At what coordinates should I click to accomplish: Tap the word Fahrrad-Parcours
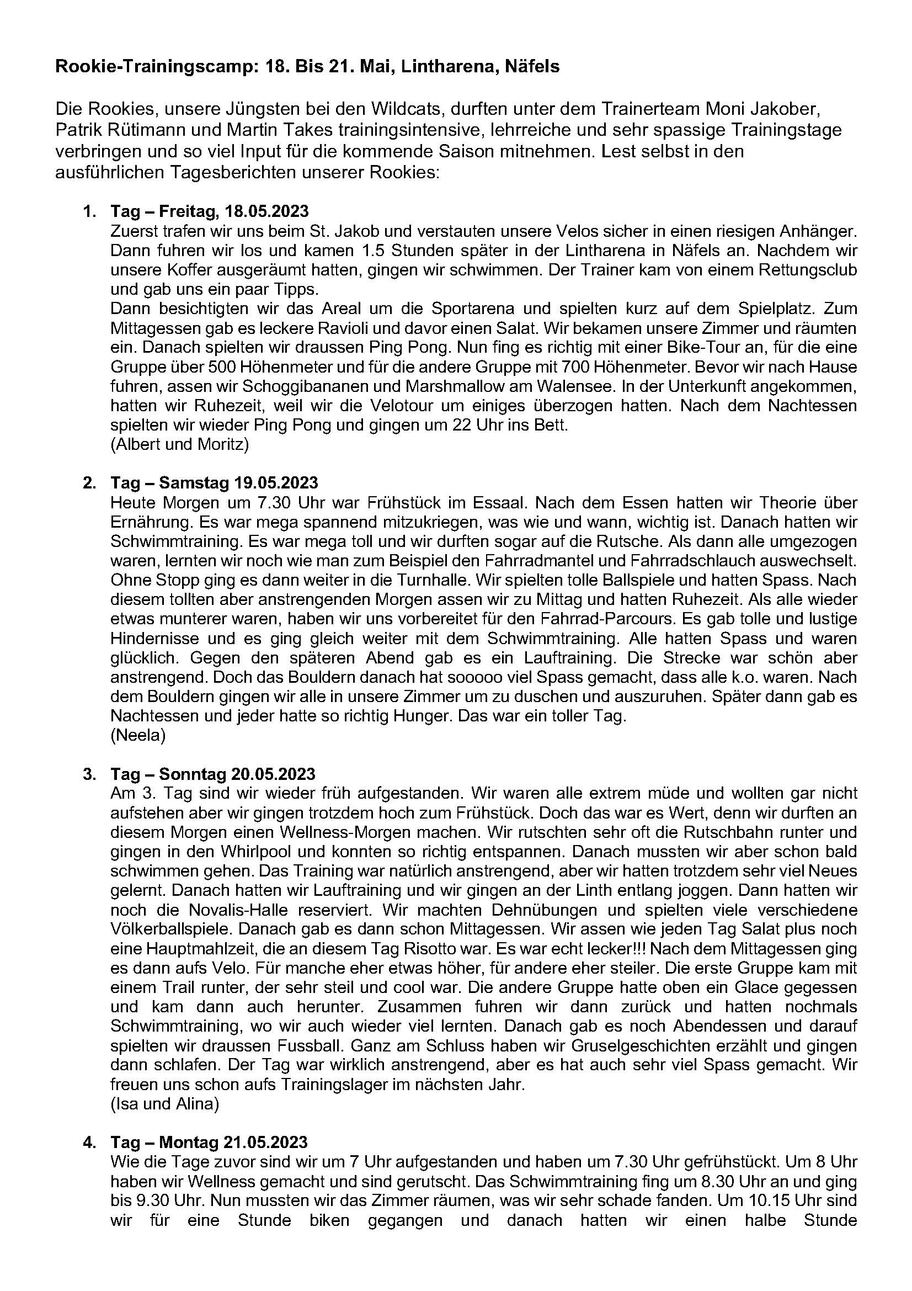tap(632, 619)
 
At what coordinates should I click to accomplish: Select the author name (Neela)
tap(138, 735)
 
